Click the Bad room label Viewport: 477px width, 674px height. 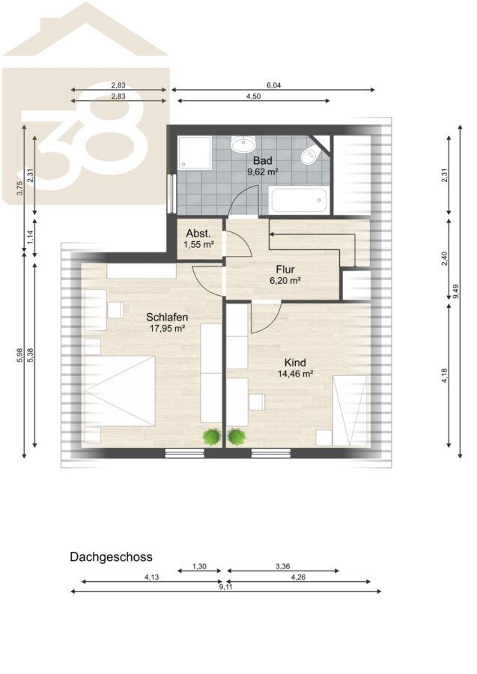click(x=263, y=161)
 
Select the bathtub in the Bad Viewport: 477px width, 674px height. click(x=299, y=200)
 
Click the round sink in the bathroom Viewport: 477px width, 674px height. click(x=243, y=144)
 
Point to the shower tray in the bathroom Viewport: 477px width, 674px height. click(x=195, y=152)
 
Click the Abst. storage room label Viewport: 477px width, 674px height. click(x=198, y=234)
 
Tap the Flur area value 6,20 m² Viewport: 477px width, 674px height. click(x=285, y=281)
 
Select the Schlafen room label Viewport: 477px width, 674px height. click(x=167, y=318)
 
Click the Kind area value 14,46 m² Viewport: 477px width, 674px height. click(x=295, y=374)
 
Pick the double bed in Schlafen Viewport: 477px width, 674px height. click(x=120, y=391)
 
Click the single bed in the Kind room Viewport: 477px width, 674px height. click(x=350, y=410)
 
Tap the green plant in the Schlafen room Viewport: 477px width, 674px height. click(x=212, y=437)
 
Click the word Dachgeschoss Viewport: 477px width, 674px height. click(x=111, y=557)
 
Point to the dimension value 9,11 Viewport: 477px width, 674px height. click(x=225, y=586)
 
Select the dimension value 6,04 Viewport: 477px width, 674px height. click(x=274, y=85)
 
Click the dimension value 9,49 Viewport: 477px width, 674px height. click(x=456, y=291)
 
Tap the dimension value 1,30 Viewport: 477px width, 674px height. click(x=199, y=567)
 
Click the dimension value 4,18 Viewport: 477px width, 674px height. click(x=444, y=376)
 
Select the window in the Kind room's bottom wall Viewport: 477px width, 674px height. click(x=271, y=452)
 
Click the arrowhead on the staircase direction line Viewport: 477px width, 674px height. click(x=272, y=234)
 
